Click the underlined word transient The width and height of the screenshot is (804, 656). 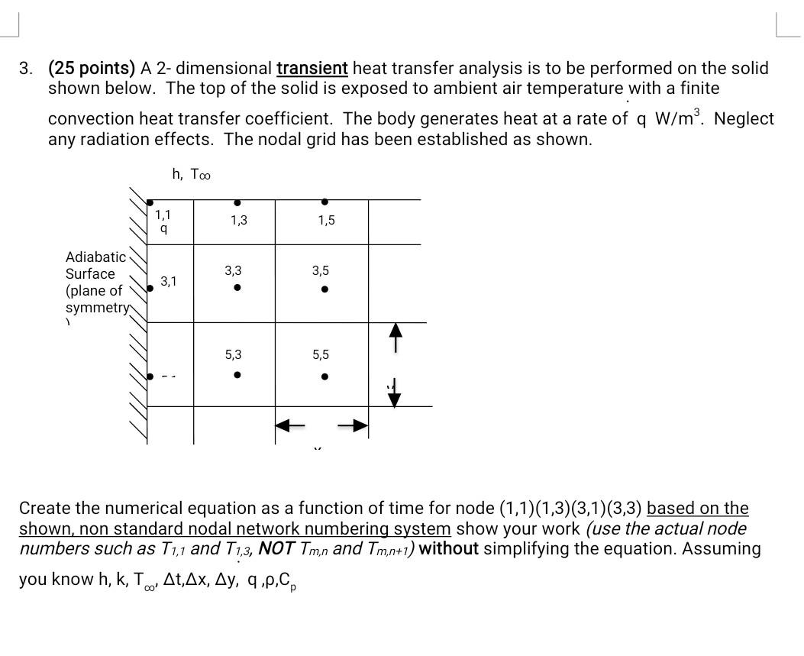(x=312, y=68)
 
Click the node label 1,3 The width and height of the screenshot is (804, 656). (x=238, y=221)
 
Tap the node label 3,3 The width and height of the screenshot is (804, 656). (x=233, y=270)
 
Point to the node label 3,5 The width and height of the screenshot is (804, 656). (x=321, y=270)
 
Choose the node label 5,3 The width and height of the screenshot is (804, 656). (x=233, y=354)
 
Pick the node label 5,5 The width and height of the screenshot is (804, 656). (x=321, y=354)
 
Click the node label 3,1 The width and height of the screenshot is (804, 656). (x=168, y=281)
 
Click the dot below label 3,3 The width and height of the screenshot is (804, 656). (x=237, y=288)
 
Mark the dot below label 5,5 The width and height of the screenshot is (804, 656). (x=325, y=376)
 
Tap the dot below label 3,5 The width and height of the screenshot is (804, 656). (x=325, y=289)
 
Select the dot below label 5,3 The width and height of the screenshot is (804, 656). (x=237, y=375)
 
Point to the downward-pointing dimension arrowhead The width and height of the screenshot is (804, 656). (x=395, y=399)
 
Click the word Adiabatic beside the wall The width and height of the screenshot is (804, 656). (x=95, y=257)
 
